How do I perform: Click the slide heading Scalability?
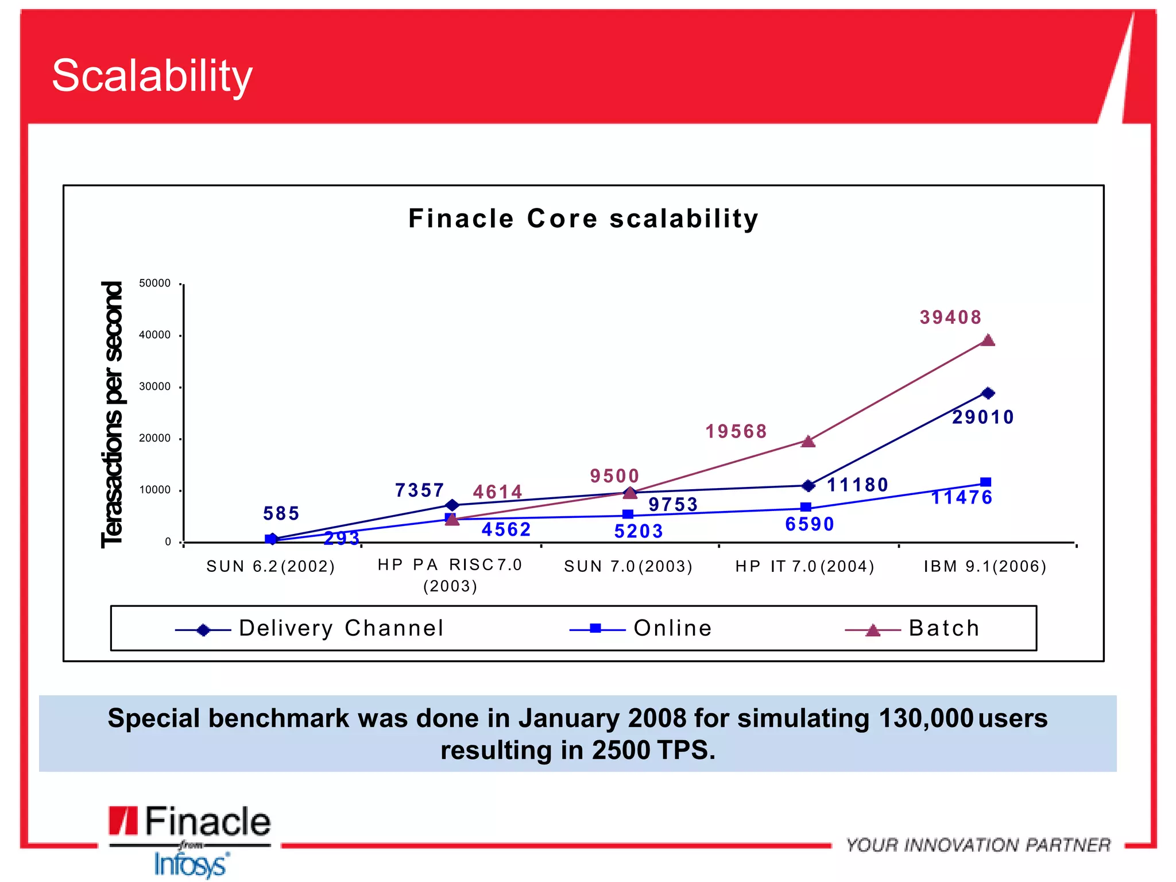[152, 76]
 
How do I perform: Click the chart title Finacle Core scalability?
[583, 219]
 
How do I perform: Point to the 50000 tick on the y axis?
[155, 283]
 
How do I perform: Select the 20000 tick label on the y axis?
[155, 438]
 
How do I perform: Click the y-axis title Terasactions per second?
[112, 415]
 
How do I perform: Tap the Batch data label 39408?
[951, 317]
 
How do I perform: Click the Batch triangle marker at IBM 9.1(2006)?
[988, 341]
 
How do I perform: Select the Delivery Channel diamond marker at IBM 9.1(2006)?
[988, 393]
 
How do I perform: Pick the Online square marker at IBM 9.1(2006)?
[985, 482]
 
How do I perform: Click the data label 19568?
[736, 431]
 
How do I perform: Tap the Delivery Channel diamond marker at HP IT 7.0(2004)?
[808, 486]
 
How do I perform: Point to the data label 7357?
[420, 490]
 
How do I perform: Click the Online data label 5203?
[639, 531]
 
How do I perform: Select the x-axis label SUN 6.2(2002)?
[270, 567]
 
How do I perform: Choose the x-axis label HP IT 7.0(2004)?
[805, 567]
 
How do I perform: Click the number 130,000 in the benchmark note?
[926, 718]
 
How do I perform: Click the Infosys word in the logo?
[191, 865]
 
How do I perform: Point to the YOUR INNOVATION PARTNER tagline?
[978, 845]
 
